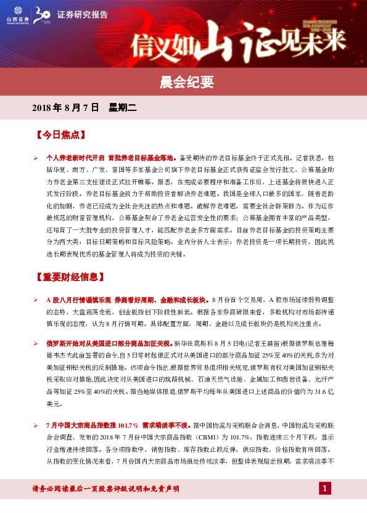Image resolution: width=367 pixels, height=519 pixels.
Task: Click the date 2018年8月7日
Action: click(65, 108)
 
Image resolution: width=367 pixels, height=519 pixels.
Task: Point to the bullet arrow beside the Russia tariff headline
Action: click(36, 341)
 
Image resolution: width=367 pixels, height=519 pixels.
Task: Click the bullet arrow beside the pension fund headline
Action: click(36, 158)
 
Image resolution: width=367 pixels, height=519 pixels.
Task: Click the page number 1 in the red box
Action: click(325, 489)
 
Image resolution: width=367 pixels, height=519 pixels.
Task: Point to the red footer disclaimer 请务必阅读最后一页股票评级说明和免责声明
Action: click(105, 489)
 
